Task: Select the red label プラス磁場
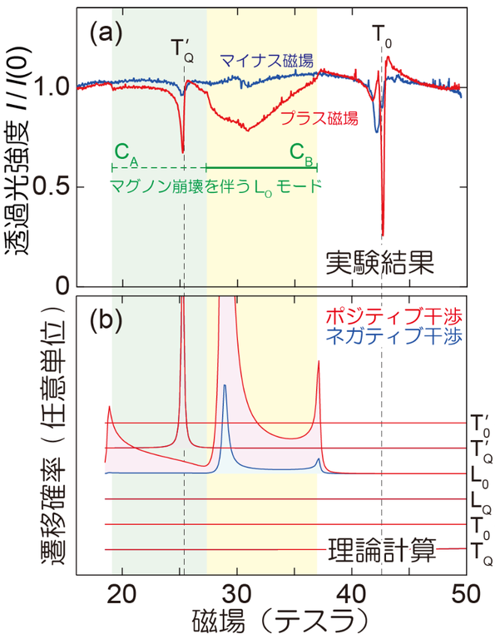click(x=318, y=118)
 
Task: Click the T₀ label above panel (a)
click(x=381, y=35)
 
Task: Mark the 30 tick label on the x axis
click(x=237, y=592)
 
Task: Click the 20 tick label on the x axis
click(x=123, y=592)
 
